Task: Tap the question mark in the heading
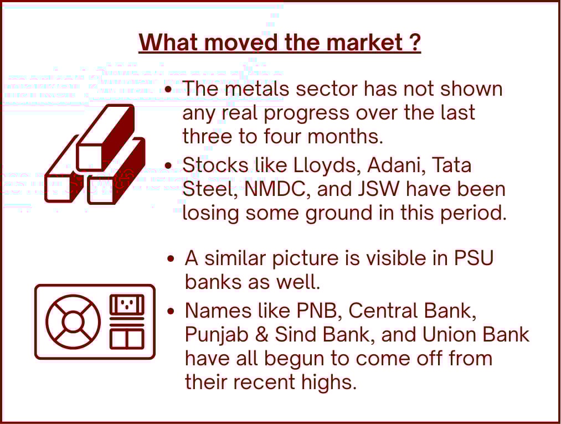(414, 42)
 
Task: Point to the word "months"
(345, 136)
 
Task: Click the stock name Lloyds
(325, 166)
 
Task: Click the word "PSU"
(473, 258)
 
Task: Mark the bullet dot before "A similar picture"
(171, 258)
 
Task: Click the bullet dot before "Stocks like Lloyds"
(168, 166)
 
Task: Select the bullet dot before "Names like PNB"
(171, 312)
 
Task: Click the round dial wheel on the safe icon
(73, 322)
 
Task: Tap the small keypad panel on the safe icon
(127, 304)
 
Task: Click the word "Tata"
(452, 166)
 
